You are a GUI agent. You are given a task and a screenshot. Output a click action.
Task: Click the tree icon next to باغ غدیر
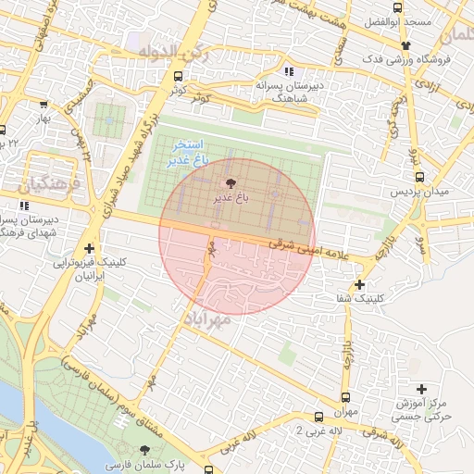point(231,184)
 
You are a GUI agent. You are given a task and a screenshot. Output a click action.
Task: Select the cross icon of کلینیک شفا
point(359,284)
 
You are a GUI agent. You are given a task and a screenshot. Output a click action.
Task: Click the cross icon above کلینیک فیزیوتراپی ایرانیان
point(89,248)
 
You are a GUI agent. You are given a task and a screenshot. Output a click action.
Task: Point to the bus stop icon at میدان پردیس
point(420,177)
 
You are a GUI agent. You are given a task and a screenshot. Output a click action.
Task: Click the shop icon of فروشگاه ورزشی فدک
point(405,44)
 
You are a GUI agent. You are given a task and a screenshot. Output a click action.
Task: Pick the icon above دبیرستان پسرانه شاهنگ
point(290,71)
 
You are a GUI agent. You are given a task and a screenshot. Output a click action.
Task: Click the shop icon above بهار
point(43,105)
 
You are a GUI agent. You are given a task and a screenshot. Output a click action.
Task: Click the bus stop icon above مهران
point(319,418)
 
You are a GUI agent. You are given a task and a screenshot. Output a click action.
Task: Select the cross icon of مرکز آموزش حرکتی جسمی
point(423,388)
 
